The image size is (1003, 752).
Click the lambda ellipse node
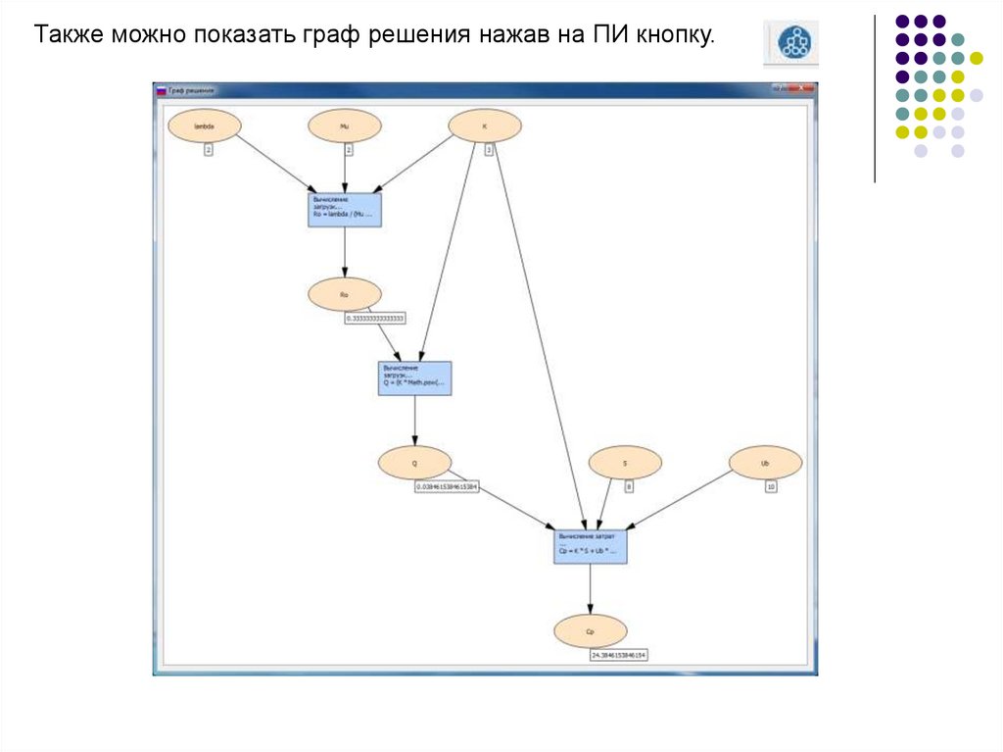click(204, 126)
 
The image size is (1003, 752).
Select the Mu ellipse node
click(345, 126)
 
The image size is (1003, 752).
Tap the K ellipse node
click(485, 126)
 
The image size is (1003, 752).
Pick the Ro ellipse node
click(345, 294)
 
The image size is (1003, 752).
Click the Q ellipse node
click(414, 462)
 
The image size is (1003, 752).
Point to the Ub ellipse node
click(766, 462)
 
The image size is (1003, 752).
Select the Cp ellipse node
click(590, 631)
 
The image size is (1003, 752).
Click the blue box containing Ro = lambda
click(344, 211)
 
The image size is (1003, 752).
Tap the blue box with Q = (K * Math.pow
click(414, 377)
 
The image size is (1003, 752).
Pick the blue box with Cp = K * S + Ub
click(590, 546)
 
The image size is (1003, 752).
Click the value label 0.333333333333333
click(375, 319)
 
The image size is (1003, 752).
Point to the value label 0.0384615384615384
click(447, 486)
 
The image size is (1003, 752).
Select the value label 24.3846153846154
click(619, 655)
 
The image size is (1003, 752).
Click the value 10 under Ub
click(771, 486)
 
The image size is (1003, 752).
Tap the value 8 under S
click(629, 486)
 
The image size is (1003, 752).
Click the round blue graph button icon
click(792, 43)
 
